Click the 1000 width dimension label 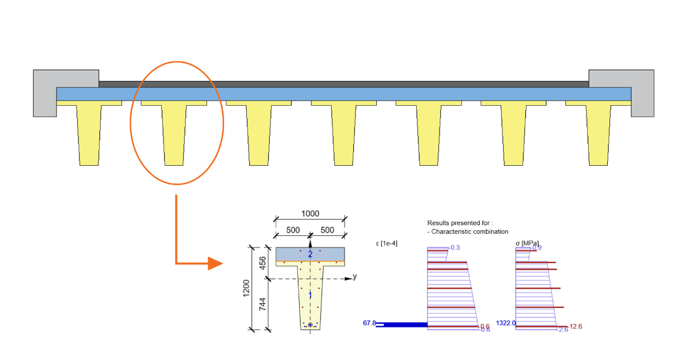click(x=310, y=214)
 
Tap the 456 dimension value click(x=263, y=263)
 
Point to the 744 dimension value click(x=263, y=304)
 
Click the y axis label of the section click(x=354, y=277)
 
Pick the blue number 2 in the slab click(x=310, y=254)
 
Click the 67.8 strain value click(x=369, y=323)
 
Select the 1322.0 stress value click(x=506, y=323)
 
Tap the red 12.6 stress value click(x=576, y=327)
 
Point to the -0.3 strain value click(x=455, y=247)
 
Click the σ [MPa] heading click(x=527, y=243)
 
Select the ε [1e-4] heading click(x=386, y=243)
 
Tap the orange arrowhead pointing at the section click(x=215, y=263)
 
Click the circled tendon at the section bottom click(x=310, y=325)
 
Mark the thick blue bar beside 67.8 click(x=401, y=325)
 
